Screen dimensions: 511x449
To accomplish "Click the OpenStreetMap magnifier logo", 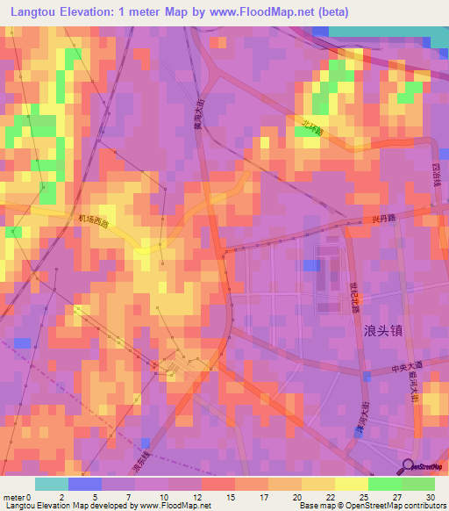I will tap(408, 466).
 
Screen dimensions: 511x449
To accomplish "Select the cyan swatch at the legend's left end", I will tap(51, 484).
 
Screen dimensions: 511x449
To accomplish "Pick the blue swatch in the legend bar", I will tap(84, 484).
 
